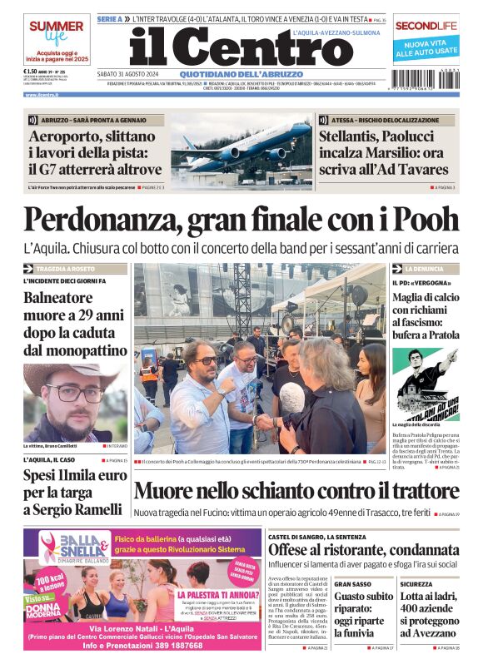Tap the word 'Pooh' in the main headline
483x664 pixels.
click(413, 219)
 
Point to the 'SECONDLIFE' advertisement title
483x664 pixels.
click(426, 26)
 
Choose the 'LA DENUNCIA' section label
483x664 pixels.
click(424, 270)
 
